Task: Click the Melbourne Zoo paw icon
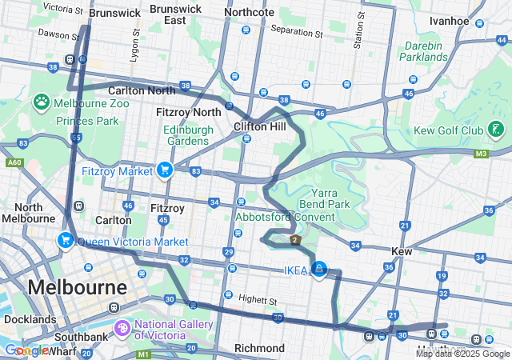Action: click(42, 102)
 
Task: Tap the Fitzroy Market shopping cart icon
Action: click(165, 169)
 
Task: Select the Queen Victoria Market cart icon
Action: click(65, 240)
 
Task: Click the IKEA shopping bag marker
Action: click(319, 269)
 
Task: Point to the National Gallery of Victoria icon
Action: click(122, 326)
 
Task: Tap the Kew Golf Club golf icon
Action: click(496, 129)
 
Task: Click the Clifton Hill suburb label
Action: click(259, 126)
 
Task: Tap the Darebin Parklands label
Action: click(425, 52)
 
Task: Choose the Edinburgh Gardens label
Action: click(186, 135)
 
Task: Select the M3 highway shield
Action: click(481, 154)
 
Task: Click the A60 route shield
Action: click(14, 162)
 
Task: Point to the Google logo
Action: click(26, 350)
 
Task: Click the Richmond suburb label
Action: click(259, 348)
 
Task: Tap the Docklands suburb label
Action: click(30, 318)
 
